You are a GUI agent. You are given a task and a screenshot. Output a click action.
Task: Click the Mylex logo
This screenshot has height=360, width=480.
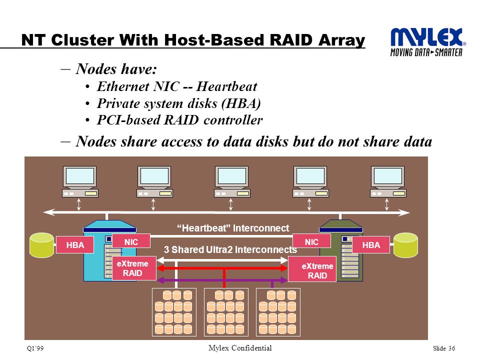(x=428, y=42)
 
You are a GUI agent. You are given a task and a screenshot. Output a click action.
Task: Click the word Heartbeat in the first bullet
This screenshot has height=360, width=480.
(x=227, y=86)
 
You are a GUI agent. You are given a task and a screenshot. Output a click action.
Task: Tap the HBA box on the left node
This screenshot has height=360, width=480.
(x=75, y=245)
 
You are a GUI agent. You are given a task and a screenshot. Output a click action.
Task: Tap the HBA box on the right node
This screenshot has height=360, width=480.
(x=371, y=245)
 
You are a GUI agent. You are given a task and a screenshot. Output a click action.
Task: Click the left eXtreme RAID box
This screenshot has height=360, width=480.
(x=134, y=268)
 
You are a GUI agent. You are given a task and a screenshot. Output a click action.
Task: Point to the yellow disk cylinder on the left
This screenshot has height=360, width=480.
(x=42, y=245)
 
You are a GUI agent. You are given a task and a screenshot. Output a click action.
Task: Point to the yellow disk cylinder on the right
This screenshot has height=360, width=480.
(x=405, y=245)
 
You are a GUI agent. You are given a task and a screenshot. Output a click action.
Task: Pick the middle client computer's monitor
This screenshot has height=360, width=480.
(x=231, y=177)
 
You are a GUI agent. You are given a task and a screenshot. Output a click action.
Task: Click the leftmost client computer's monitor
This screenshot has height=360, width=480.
(x=79, y=177)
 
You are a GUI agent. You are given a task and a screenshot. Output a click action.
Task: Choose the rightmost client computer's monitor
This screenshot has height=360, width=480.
(x=387, y=177)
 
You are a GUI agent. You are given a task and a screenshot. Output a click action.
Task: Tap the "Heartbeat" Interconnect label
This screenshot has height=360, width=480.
(x=233, y=228)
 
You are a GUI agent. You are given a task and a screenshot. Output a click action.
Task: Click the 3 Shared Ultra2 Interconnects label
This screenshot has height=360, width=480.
(x=230, y=250)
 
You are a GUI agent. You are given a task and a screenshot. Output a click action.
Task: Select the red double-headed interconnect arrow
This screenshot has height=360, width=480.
(x=222, y=268)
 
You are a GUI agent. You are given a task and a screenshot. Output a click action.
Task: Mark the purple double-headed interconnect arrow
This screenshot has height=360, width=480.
(x=222, y=280)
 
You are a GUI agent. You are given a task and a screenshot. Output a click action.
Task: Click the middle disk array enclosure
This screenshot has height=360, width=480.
(x=226, y=312)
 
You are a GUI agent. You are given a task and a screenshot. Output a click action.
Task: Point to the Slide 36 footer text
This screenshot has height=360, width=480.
(x=444, y=348)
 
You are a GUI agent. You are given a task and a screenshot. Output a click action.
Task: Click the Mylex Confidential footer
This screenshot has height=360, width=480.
(x=240, y=348)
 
